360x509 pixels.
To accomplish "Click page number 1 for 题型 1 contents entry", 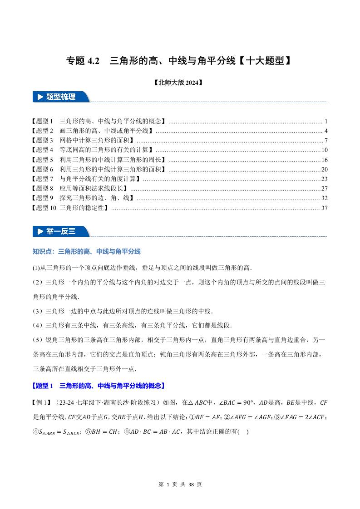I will point(326,122).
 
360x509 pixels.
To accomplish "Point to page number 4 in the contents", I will point(326,131).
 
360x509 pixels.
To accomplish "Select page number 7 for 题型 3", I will point(326,141).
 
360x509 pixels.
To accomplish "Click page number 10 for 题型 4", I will point(324,150).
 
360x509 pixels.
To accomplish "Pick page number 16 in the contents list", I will point(324,160).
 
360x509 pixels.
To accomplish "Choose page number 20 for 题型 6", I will point(324,169).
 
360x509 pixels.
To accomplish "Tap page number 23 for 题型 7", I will point(324,179).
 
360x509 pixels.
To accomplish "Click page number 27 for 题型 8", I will point(324,188).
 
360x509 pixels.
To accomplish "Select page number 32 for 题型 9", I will point(324,198).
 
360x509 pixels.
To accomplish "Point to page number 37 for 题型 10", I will point(324,208).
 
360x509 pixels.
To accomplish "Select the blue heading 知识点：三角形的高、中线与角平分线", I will point(87,251).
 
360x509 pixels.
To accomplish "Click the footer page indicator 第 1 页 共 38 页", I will point(180,485).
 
